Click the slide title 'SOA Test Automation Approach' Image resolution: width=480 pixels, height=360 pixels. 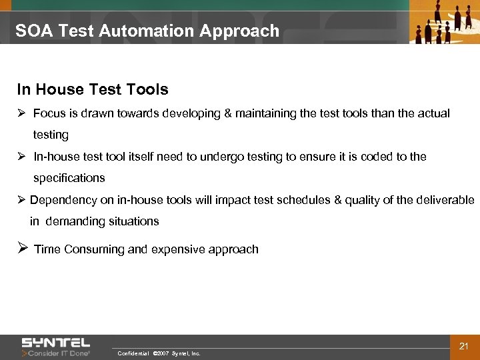coord(147,31)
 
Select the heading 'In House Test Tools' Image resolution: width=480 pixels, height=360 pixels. coord(93,89)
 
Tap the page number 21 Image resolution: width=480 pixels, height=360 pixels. coord(465,345)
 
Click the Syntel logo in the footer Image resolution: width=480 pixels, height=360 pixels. coord(56,342)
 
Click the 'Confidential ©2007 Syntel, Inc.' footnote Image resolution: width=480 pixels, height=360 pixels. coord(159,353)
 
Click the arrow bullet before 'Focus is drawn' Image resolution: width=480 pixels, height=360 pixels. coord(21,113)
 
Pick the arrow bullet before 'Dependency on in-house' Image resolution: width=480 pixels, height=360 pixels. coord(21,200)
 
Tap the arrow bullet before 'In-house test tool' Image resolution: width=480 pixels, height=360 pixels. coord(21,157)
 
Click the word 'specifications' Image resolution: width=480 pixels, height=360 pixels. coord(69,178)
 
